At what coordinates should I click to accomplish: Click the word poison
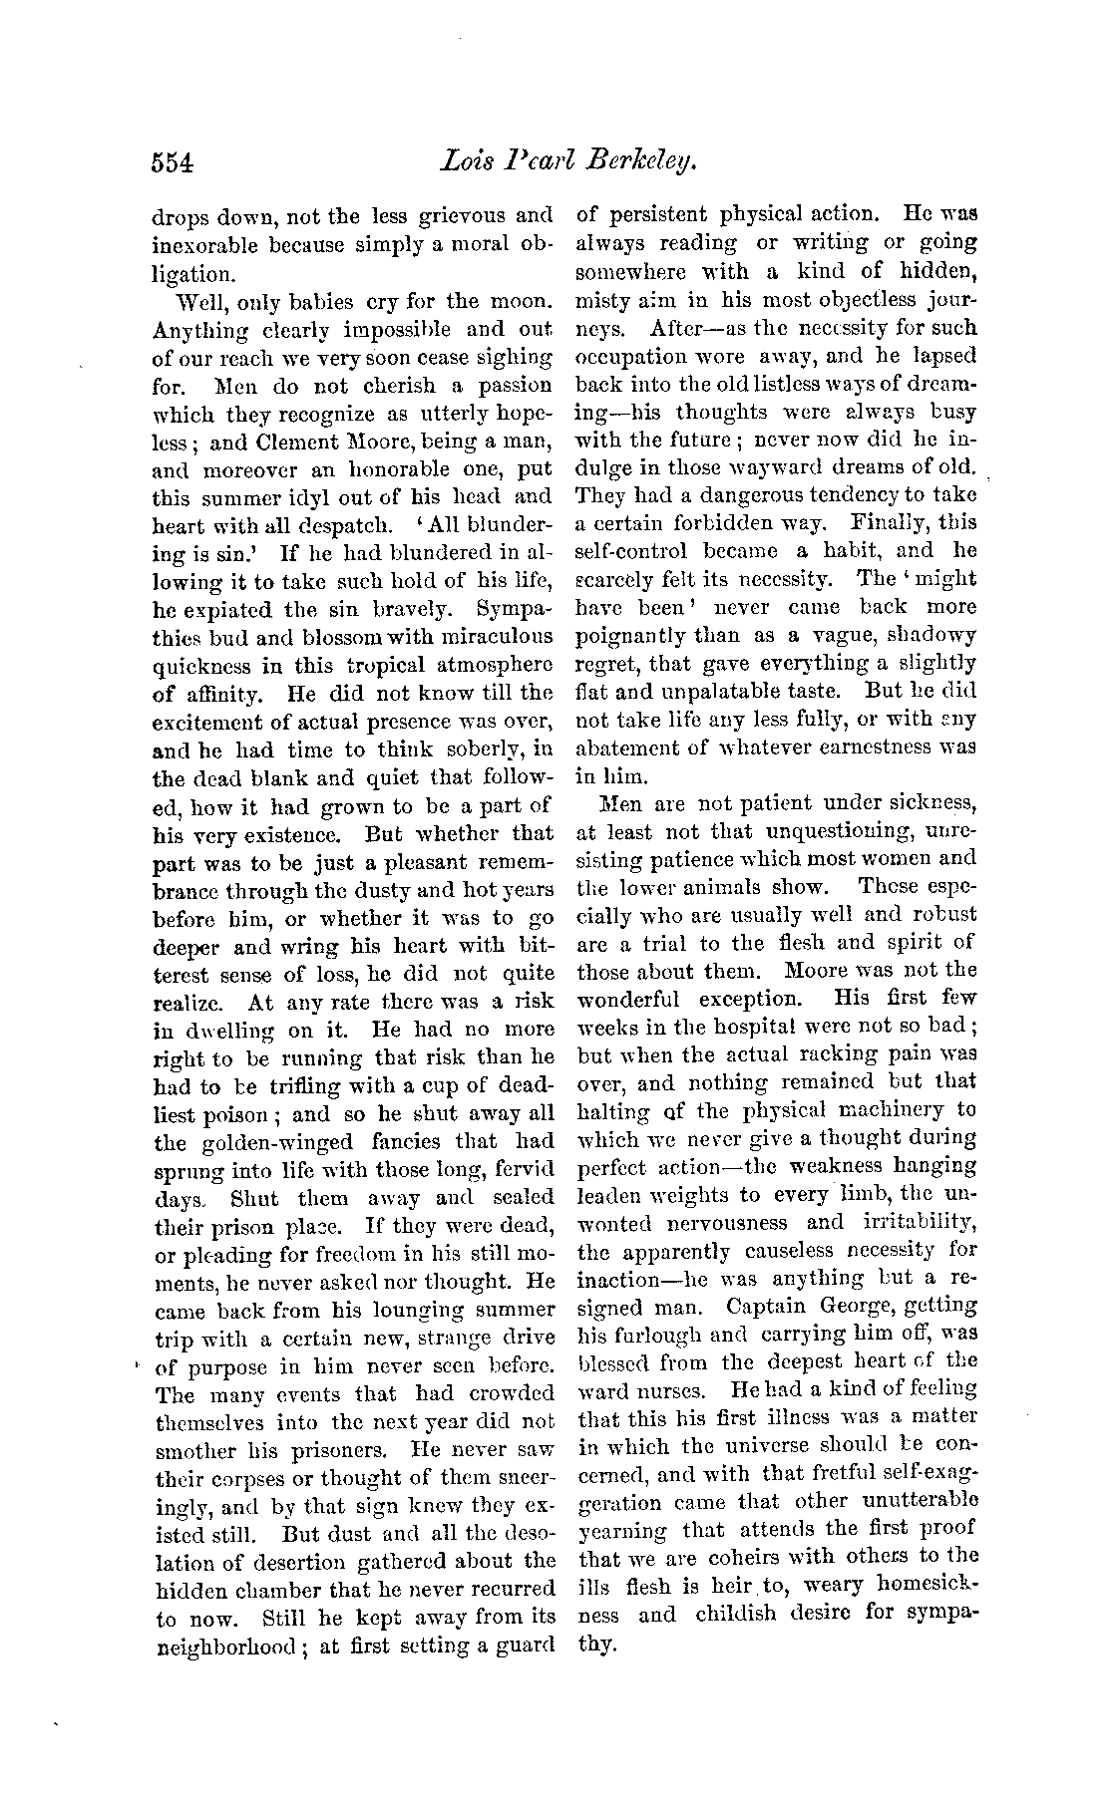coord(245,1115)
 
